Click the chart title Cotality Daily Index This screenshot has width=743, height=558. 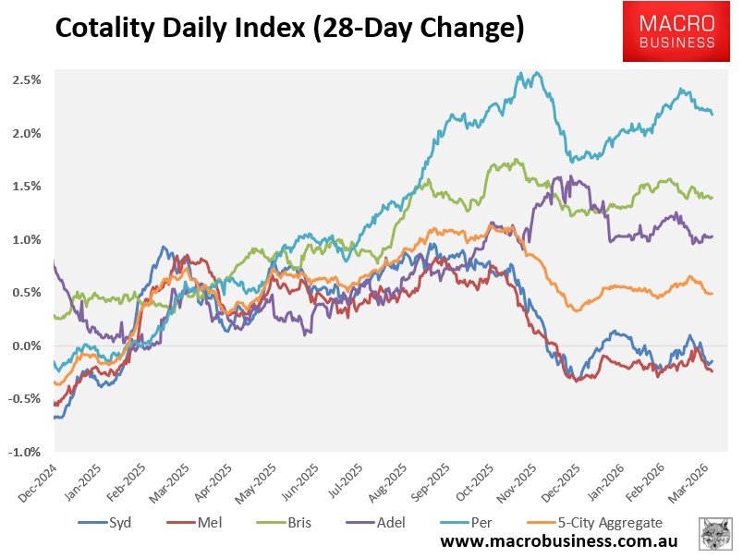pyautogui.click(x=289, y=30)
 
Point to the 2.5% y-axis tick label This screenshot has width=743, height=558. pyautogui.click(x=27, y=80)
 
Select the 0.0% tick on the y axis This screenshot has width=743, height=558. pyautogui.click(x=27, y=346)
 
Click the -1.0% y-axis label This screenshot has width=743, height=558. pyautogui.click(x=25, y=453)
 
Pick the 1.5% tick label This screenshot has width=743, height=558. pyautogui.click(x=27, y=187)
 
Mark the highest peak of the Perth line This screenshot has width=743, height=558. pyautogui.click(x=530, y=73)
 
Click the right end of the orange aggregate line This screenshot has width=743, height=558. pyautogui.click(x=712, y=293)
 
